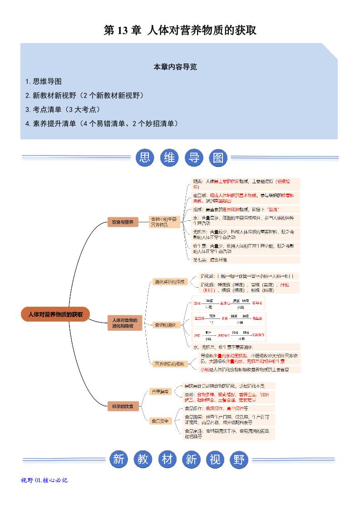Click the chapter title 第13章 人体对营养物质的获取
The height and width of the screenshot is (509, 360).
click(180, 30)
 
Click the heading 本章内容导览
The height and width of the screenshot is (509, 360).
click(175, 67)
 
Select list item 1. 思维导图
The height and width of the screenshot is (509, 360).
click(44, 82)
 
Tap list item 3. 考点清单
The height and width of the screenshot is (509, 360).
click(63, 109)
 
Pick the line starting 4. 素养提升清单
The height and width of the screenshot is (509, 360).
click(102, 123)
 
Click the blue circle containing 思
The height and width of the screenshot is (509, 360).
click(145, 158)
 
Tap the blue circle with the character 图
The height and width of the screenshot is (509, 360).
click(218, 158)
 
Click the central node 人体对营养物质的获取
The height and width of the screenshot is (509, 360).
click(55, 314)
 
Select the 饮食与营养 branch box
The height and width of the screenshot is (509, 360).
click(123, 222)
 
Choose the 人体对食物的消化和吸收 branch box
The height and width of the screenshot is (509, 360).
click(125, 323)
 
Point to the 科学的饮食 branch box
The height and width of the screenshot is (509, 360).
click(123, 406)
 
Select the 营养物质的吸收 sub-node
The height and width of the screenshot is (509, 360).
click(169, 364)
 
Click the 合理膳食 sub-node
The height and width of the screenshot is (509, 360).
click(160, 391)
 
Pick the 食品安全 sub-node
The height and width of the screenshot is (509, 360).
click(160, 421)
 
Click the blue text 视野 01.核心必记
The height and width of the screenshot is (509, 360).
click(44, 480)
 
